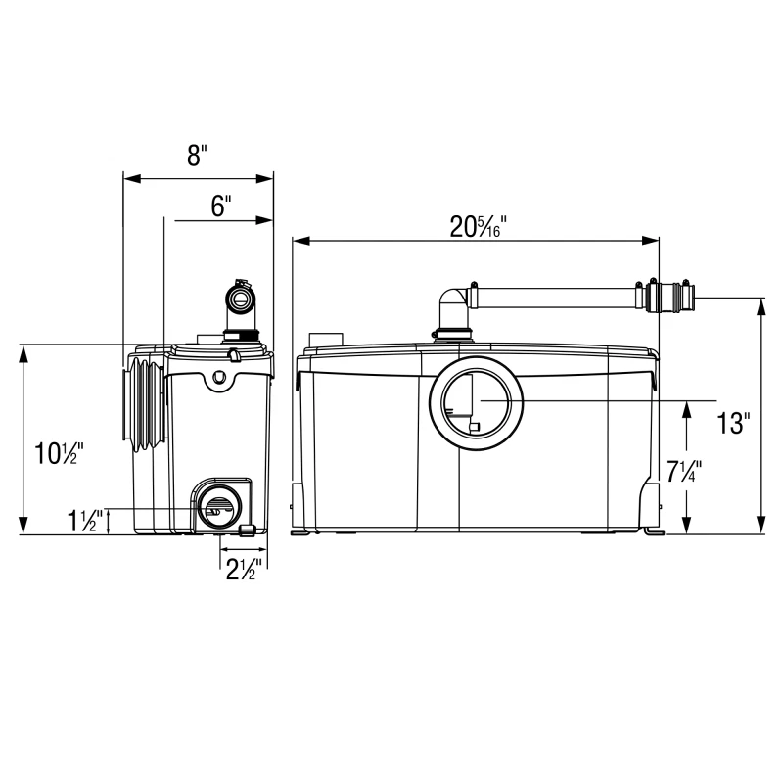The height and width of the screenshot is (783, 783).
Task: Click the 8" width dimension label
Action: pyautogui.click(x=198, y=155)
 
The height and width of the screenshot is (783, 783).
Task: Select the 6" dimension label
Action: pyautogui.click(x=220, y=206)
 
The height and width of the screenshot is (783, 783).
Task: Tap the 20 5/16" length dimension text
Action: pyautogui.click(x=478, y=226)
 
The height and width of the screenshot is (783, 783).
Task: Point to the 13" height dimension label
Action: pyautogui.click(x=732, y=423)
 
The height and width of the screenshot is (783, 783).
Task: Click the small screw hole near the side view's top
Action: pyautogui.click(x=220, y=376)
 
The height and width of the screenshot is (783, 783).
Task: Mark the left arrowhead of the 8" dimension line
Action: pyautogui.click(x=128, y=179)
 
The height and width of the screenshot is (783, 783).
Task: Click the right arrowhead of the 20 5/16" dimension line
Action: pyautogui.click(x=653, y=240)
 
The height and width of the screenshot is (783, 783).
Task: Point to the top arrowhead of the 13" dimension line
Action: pyautogui.click(x=761, y=304)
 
